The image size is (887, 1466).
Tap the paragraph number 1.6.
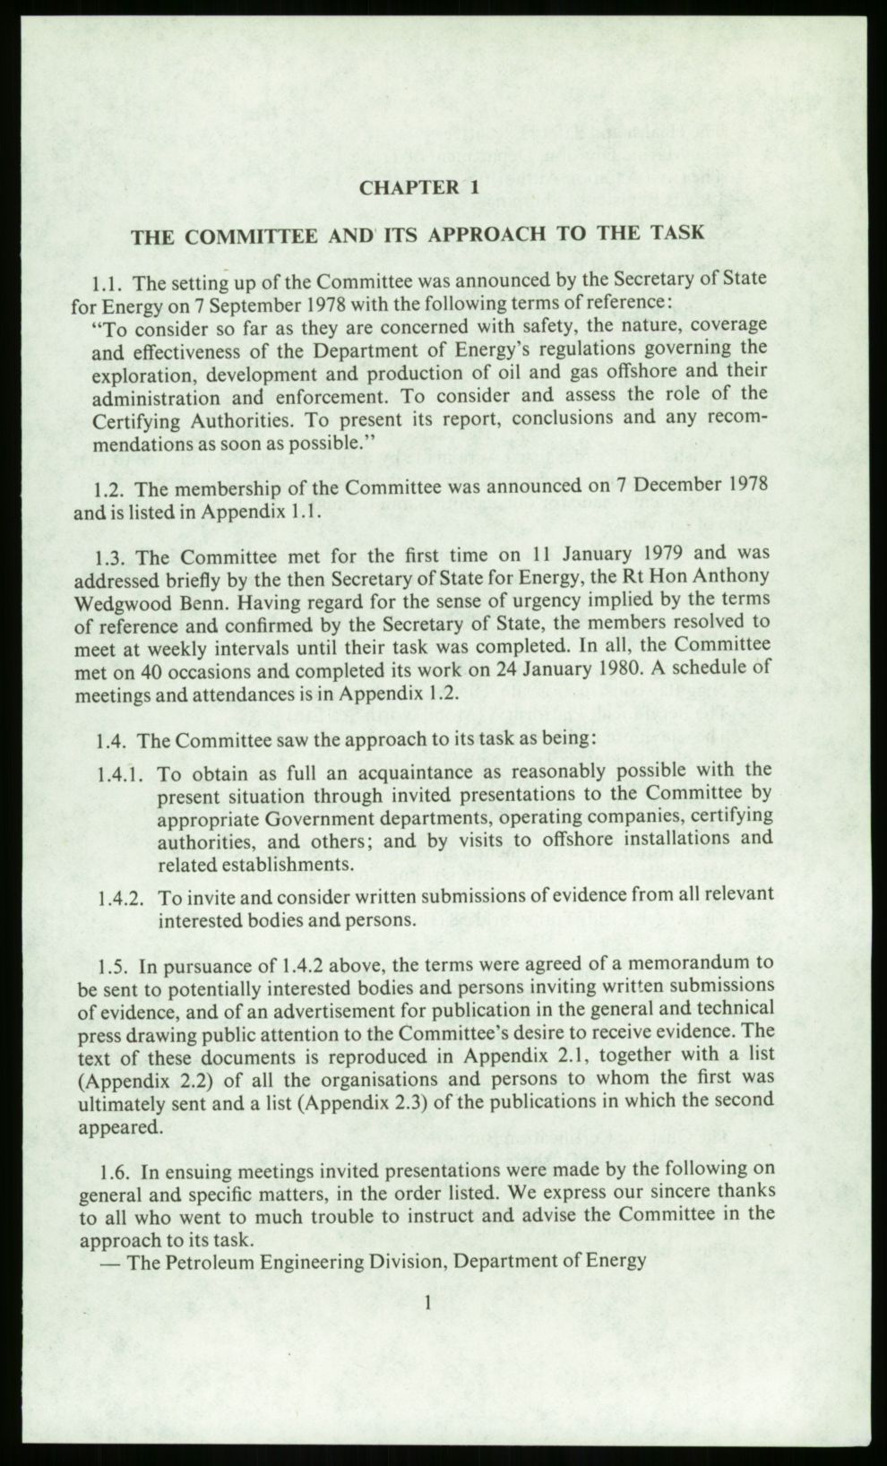tap(116, 1171)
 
